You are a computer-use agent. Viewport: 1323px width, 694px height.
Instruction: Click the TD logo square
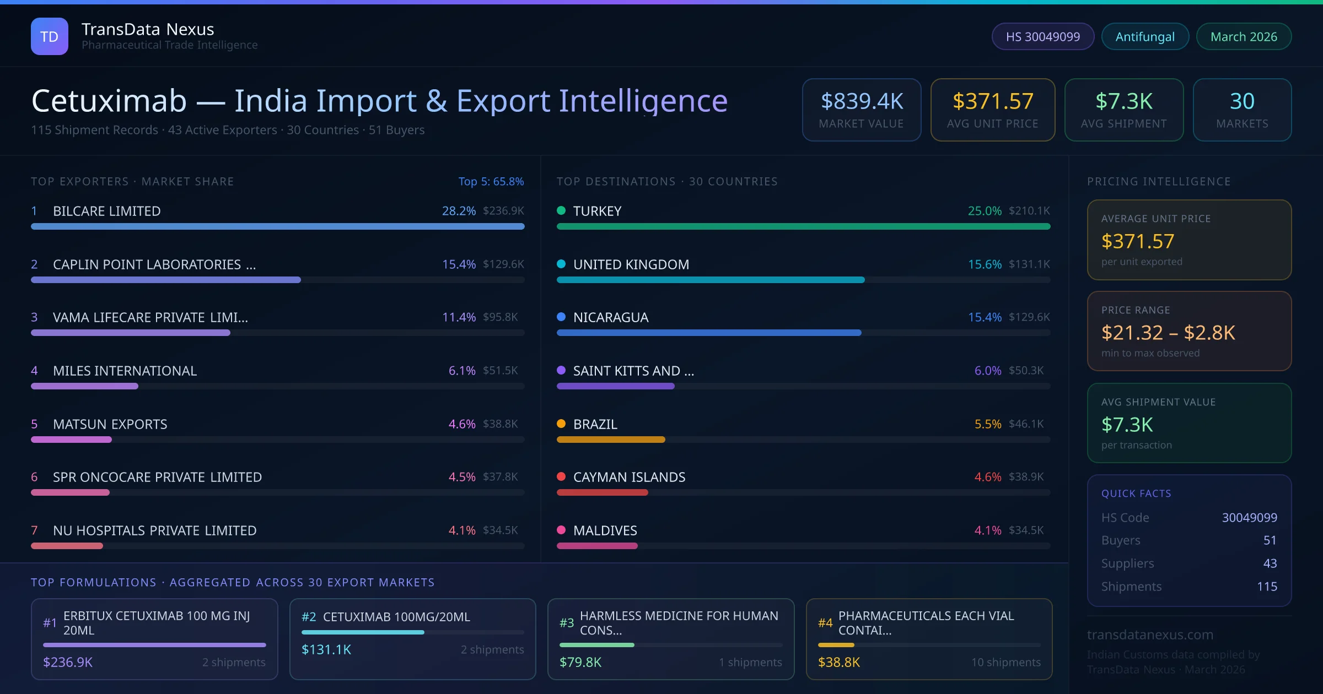point(50,36)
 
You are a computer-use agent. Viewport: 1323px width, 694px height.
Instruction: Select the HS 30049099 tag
point(1042,36)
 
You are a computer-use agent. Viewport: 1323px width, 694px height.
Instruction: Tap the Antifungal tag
point(1145,36)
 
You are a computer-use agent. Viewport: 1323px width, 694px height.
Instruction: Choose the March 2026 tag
point(1244,36)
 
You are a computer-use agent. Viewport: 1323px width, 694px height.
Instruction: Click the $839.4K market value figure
point(862,101)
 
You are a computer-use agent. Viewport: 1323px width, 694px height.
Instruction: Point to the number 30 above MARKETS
point(1242,101)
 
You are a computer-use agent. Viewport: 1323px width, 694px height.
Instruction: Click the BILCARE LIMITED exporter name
point(106,211)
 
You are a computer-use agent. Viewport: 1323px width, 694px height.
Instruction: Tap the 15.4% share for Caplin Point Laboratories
point(459,264)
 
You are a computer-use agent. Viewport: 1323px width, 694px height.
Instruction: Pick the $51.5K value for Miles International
point(500,371)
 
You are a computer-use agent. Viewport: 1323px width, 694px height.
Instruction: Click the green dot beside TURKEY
point(561,210)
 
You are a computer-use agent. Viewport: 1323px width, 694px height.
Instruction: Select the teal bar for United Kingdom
point(711,280)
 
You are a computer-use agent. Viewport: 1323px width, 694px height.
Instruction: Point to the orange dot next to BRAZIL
point(561,424)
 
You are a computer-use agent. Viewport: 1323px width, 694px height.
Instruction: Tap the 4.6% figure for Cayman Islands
point(987,477)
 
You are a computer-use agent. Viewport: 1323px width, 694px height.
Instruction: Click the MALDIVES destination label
point(605,530)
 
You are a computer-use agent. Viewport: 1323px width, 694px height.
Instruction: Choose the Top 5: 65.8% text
point(491,181)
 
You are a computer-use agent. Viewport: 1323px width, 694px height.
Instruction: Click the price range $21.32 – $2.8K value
point(1168,333)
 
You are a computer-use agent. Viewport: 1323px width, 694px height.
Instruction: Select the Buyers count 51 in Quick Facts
point(1270,540)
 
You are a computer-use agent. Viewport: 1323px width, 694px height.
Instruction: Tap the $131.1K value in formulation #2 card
point(326,649)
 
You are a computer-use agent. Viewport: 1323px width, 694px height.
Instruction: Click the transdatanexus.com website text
point(1150,635)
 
